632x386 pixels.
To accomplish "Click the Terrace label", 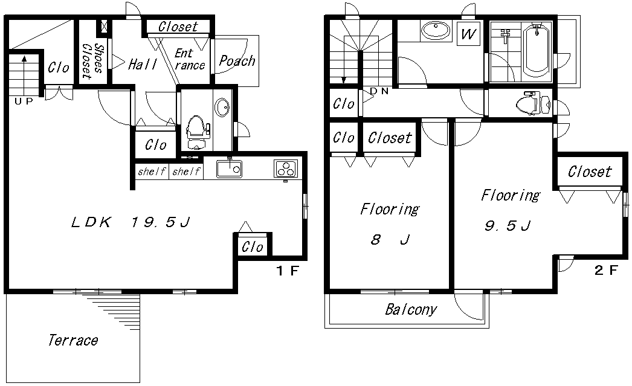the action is pyautogui.click(x=73, y=341).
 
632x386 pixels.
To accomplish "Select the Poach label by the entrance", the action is pyautogui.click(x=237, y=60).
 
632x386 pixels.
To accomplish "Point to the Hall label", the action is pyautogui.click(x=143, y=64).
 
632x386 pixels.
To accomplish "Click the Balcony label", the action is pyautogui.click(x=411, y=310).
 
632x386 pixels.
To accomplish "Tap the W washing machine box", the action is pyautogui.click(x=468, y=34).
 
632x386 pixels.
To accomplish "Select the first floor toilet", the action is pyautogui.click(x=196, y=132).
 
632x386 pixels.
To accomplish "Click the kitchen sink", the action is pyautogui.click(x=228, y=169).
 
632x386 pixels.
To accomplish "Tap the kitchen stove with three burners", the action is pyautogui.click(x=286, y=169).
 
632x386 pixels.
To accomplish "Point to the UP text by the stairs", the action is pyautogui.click(x=24, y=101).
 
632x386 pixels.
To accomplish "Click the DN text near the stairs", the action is pyautogui.click(x=379, y=91).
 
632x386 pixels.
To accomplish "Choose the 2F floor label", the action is pyautogui.click(x=606, y=270).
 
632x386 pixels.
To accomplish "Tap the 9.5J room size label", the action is pyautogui.click(x=508, y=226).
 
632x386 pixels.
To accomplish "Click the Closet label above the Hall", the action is pyautogui.click(x=178, y=27).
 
